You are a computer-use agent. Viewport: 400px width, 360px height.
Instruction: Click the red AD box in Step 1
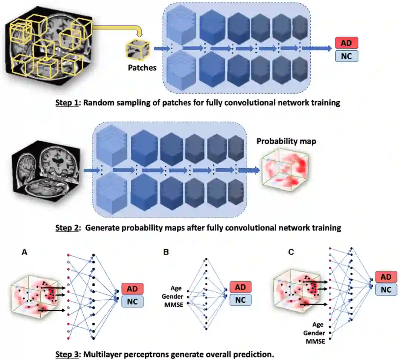(x=346, y=43)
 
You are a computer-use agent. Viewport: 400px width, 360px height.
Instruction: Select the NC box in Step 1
(x=346, y=56)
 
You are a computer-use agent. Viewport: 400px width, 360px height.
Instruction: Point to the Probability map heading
(x=286, y=141)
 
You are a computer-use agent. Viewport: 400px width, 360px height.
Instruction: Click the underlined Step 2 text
(x=67, y=228)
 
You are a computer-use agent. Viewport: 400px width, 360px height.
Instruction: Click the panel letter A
(x=24, y=252)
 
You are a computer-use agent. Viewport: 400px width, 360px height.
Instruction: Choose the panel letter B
(x=166, y=252)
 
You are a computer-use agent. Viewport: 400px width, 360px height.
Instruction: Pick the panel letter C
(x=291, y=252)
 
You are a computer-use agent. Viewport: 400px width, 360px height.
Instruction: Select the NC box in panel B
(x=240, y=300)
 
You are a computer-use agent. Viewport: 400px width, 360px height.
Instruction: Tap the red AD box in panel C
(x=386, y=277)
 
